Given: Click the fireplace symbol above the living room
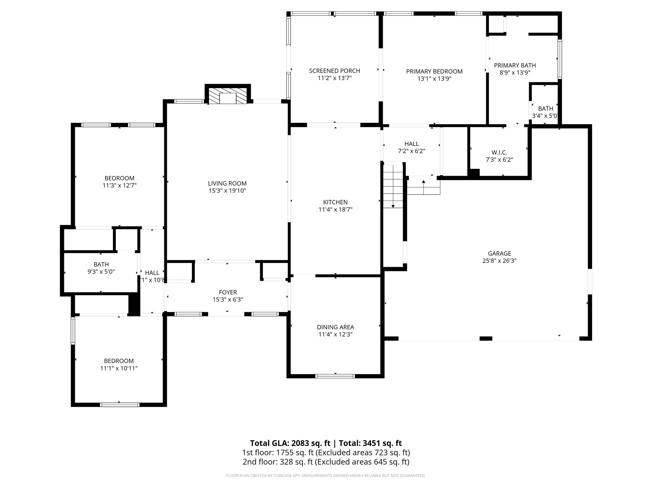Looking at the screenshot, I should pos(228,96).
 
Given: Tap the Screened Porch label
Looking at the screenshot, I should pos(334,71).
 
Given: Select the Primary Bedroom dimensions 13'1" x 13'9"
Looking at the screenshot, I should pos(434,79).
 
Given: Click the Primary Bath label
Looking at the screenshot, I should pos(515,65).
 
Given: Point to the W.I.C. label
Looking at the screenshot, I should pos(499,152).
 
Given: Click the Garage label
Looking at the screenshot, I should pos(499,253).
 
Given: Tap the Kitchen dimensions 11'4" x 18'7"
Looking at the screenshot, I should pos(335,209).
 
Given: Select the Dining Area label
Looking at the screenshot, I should pos(335,327).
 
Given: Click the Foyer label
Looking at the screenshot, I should pos(228,292).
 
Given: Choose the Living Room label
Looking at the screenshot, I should pos(227,183).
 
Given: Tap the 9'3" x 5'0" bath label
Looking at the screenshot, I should pos(101,268).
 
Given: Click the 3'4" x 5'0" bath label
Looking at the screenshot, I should pos(545,112).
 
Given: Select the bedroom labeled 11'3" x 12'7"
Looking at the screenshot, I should pos(119,182).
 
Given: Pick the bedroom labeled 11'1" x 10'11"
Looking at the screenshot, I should pos(119,365).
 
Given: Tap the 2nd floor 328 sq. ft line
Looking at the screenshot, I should pos(326,462).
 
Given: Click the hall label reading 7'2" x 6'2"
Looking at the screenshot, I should pos(411,147).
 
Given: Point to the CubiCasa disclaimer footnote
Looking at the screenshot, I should pos(326,476).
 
